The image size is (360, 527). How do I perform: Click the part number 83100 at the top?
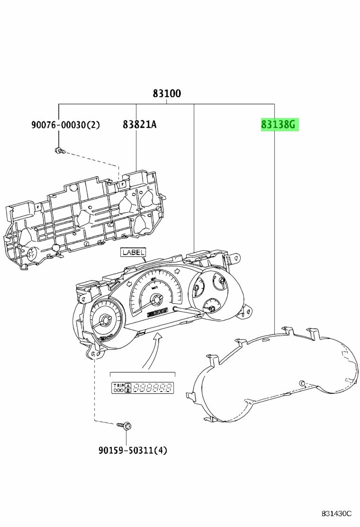coord(167,94)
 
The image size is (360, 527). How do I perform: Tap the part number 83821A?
coord(139,125)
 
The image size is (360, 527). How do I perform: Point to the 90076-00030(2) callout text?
coord(66,125)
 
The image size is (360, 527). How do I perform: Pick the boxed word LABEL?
coord(133,252)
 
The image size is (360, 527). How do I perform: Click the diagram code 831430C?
coord(336,513)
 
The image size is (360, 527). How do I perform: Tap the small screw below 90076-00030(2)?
coord(59,151)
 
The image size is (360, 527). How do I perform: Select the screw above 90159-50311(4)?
coord(125,426)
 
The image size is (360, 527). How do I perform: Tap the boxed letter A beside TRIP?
coord(127,386)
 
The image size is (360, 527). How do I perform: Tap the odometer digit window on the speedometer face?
coord(157,312)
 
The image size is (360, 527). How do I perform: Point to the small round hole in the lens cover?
coord(302,383)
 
